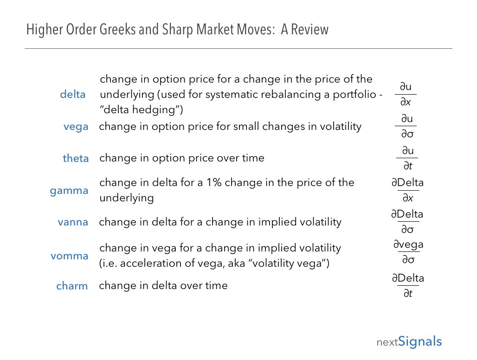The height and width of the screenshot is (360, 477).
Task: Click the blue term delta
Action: [73, 94]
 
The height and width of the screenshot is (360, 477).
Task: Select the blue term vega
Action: [76, 127]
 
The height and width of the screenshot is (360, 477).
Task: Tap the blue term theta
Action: [76, 158]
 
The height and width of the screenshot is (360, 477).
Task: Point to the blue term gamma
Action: [69, 191]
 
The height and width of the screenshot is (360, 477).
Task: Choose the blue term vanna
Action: [73, 222]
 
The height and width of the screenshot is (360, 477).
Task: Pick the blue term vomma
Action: [69, 256]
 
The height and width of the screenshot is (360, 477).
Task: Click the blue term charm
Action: [72, 286]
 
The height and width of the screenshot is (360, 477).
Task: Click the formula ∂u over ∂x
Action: [406, 94]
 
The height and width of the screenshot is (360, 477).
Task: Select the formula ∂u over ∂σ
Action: [406, 126]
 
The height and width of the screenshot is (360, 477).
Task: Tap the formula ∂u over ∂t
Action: [407, 158]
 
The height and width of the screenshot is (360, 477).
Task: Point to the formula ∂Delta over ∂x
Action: [408, 190]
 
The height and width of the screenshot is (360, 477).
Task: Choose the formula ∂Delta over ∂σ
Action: [407, 222]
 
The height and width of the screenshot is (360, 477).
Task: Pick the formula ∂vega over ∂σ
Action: [408, 252]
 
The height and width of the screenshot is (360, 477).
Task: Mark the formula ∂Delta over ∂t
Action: [408, 285]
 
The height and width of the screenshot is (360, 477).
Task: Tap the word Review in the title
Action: [309, 30]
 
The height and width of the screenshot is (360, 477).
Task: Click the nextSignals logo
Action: [409, 342]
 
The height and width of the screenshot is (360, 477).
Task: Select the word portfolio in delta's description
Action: [355, 95]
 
